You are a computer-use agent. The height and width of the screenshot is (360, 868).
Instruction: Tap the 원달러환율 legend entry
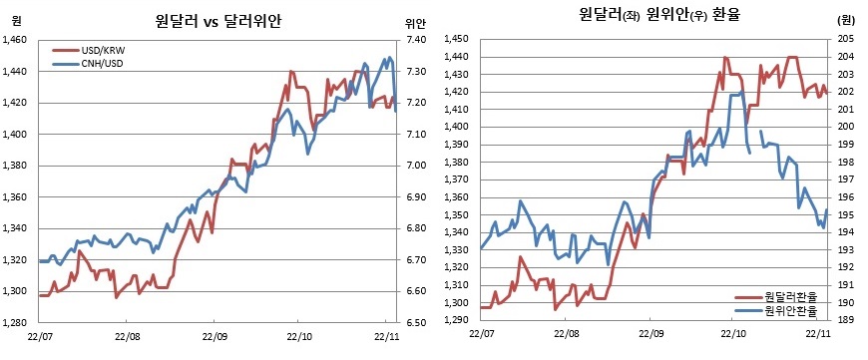tap(789, 296)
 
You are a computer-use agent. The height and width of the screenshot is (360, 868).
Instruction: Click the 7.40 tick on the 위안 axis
tap(416, 40)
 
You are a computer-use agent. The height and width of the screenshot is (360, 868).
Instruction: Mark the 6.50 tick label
tap(416, 323)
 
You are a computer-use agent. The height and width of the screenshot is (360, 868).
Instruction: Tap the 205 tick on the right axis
tap(844, 38)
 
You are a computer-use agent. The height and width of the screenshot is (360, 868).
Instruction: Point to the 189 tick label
tap(844, 320)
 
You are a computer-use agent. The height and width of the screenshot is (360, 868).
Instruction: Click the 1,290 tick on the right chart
tap(455, 320)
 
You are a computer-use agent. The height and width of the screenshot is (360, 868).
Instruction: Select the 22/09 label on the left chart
tap(215, 337)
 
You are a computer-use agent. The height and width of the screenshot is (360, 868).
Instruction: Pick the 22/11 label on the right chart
tap(818, 335)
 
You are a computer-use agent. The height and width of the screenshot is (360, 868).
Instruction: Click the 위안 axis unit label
tap(415, 22)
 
